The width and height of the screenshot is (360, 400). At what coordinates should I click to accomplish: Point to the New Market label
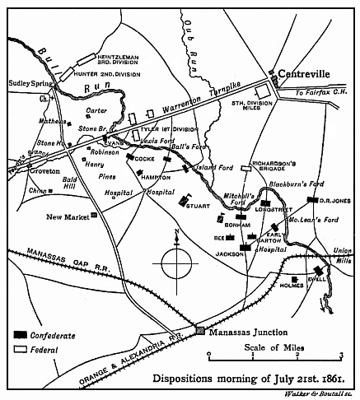click(x=67, y=216)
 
